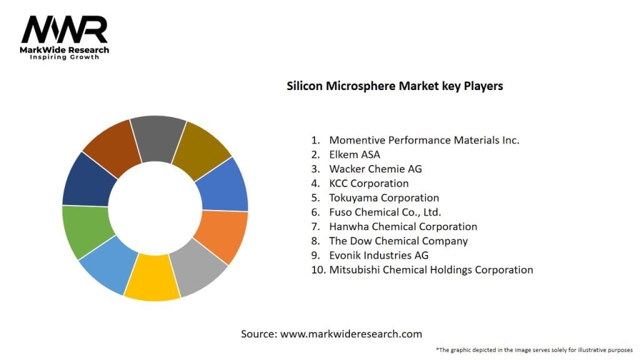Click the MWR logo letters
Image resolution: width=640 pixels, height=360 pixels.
64,30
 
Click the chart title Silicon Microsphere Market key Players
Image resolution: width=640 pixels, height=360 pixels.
394,86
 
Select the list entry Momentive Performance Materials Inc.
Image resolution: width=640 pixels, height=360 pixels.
424,140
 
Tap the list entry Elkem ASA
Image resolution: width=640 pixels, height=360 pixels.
354,154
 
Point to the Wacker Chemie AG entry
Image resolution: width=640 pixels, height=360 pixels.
375,169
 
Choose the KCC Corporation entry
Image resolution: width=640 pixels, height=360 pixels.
369,183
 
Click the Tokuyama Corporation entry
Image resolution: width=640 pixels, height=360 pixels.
384,197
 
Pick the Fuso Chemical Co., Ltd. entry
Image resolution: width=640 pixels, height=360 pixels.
385,212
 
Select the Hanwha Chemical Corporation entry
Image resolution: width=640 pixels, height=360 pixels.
403,226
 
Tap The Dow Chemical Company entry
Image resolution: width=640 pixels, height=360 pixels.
398,241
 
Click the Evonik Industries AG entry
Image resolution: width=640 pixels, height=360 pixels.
379,255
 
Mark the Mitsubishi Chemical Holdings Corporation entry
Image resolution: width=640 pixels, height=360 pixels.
431,269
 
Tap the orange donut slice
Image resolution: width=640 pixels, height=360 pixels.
220,236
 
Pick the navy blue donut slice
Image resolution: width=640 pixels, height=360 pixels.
89,178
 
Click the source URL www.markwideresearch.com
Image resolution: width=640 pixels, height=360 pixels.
351,334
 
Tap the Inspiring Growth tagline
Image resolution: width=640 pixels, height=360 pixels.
64,57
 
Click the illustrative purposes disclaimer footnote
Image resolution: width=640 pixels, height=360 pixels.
534,350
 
